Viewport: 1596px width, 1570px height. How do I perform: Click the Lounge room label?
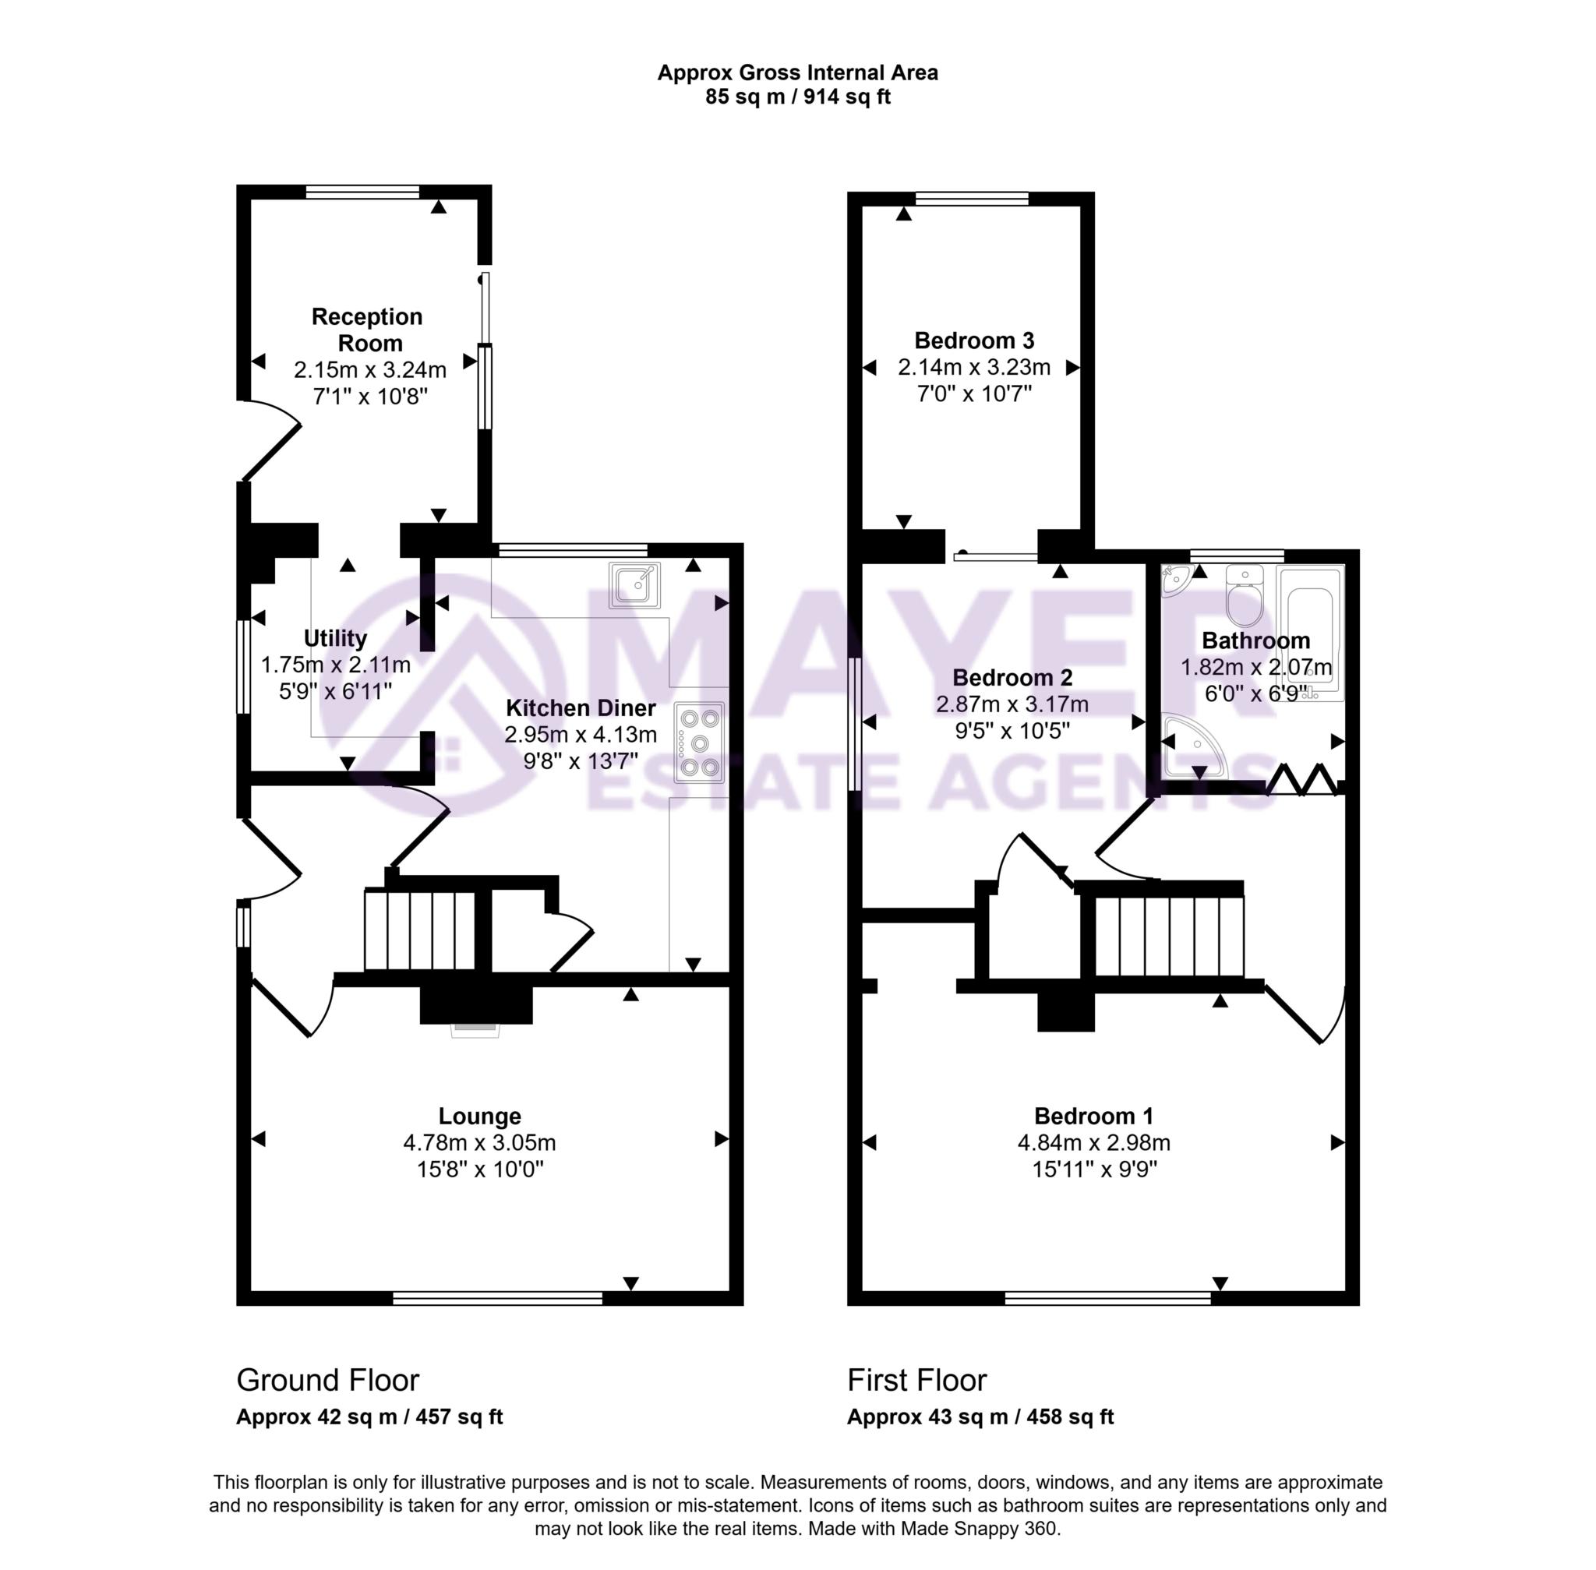pos(479,1116)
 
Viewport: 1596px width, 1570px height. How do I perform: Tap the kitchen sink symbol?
pos(634,584)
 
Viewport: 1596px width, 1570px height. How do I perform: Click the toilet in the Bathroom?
pos(1245,597)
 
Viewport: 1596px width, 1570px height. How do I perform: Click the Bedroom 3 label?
pos(974,340)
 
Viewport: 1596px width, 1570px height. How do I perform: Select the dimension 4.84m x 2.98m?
pos(1093,1143)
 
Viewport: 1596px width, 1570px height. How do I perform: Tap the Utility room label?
pos(335,638)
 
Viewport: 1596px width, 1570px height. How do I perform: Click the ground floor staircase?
pos(420,930)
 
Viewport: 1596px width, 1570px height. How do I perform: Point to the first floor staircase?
pos(1169,936)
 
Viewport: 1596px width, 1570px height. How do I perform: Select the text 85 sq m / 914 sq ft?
pos(797,97)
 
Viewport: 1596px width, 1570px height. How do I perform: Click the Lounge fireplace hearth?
pos(475,1028)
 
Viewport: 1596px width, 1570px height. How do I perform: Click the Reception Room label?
pos(368,329)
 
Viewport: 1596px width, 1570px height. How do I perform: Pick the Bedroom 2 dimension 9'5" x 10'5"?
pos(1012,731)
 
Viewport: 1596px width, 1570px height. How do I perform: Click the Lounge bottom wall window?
pos(497,1299)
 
